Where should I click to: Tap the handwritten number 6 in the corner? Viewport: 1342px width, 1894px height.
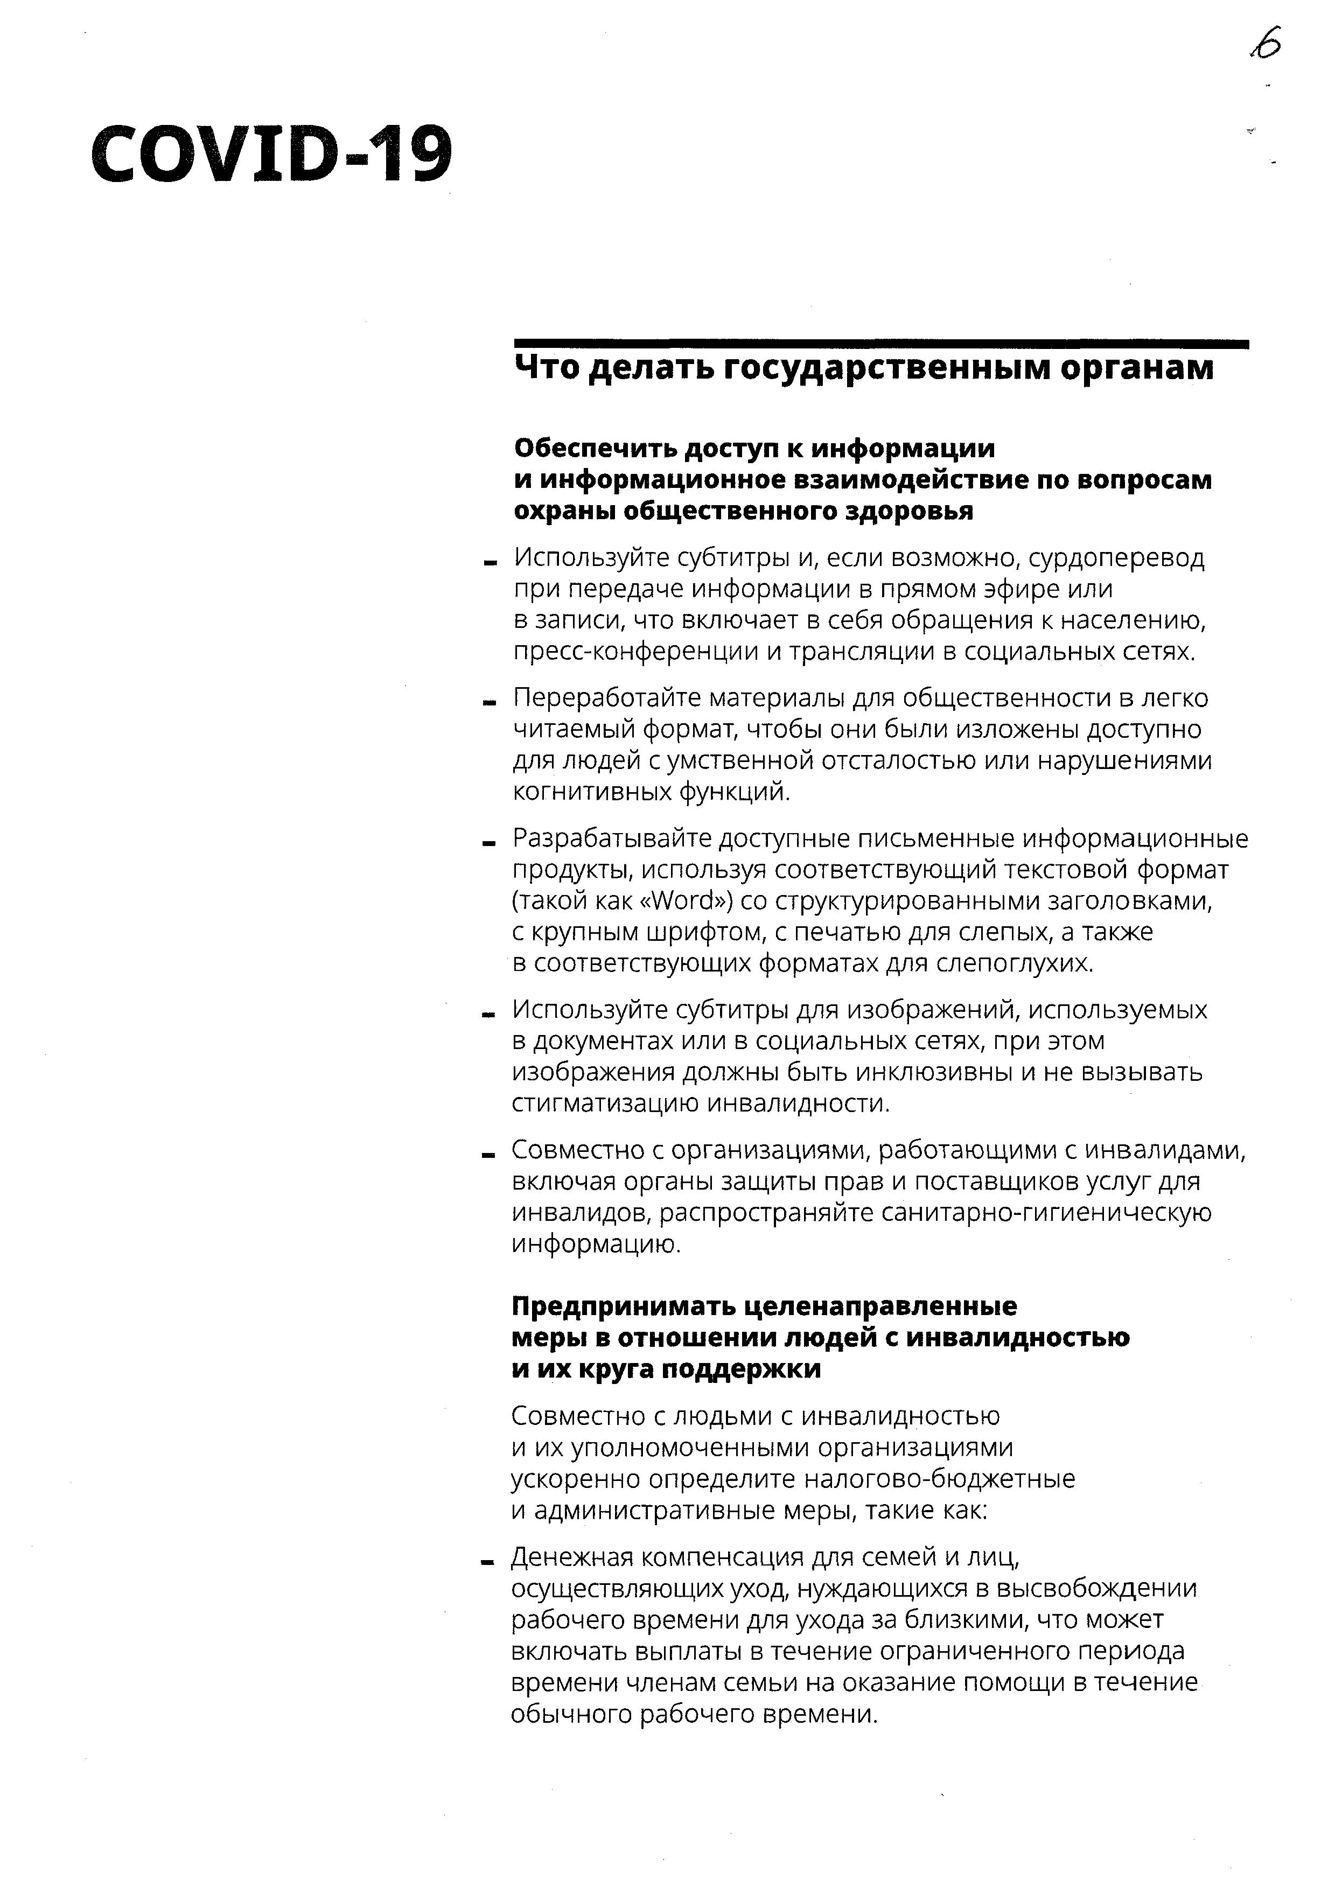(1265, 44)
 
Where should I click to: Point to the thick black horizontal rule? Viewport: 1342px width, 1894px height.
(881, 344)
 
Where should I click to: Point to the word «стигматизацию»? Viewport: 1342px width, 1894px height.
(606, 1104)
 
